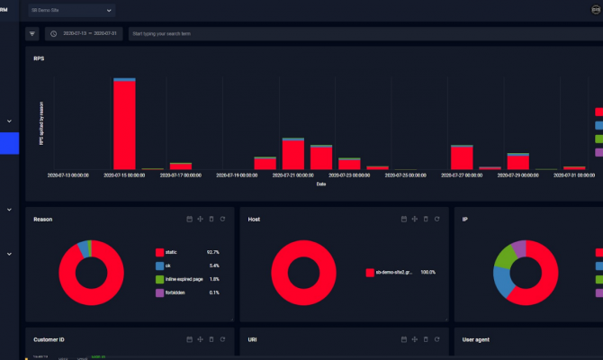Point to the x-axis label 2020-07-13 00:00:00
pyautogui.click(x=68, y=175)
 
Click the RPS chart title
pyautogui.click(x=39, y=58)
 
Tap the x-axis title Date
pyautogui.click(x=321, y=184)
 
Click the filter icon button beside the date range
pyautogui.click(x=32, y=33)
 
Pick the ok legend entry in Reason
pyautogui.click(x=169, y=266)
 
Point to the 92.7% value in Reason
pyautogui.click(x=213, y=253)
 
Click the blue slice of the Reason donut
pyautogui.click(x=85, y=247)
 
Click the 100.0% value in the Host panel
pyautogui.click(x=427, y=272)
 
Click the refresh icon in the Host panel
pyautogui.click(x=437, y=219)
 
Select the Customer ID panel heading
pyautogui.click(x=49, y=340)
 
